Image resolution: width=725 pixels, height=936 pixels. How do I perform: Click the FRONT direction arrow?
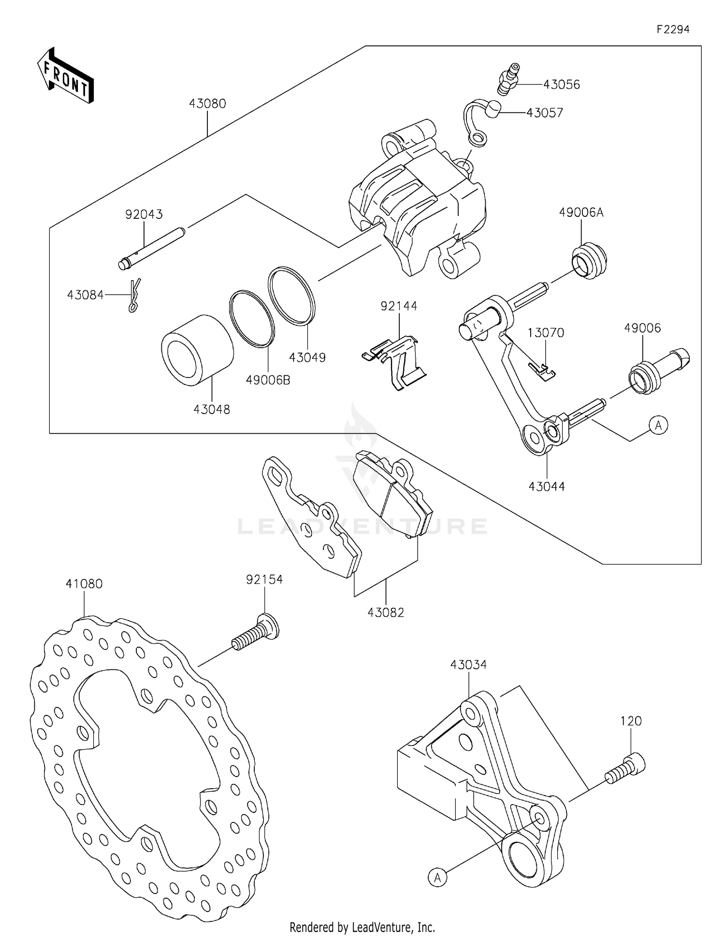coord(65,76)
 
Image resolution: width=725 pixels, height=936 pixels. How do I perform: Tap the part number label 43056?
coord(561,85)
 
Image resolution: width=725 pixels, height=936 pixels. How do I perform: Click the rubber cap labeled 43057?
coord(493,110)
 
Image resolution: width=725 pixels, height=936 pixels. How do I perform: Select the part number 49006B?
coord(268,380)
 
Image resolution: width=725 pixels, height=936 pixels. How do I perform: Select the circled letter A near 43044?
coord(658,425)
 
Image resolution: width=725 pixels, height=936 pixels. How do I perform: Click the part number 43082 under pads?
coord(386,612)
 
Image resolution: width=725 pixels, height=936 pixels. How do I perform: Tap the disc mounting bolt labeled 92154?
coord(257,633)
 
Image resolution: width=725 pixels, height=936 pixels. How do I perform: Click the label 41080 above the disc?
coord(84,584)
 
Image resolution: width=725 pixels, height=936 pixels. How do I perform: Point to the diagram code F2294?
coord(672,29)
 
